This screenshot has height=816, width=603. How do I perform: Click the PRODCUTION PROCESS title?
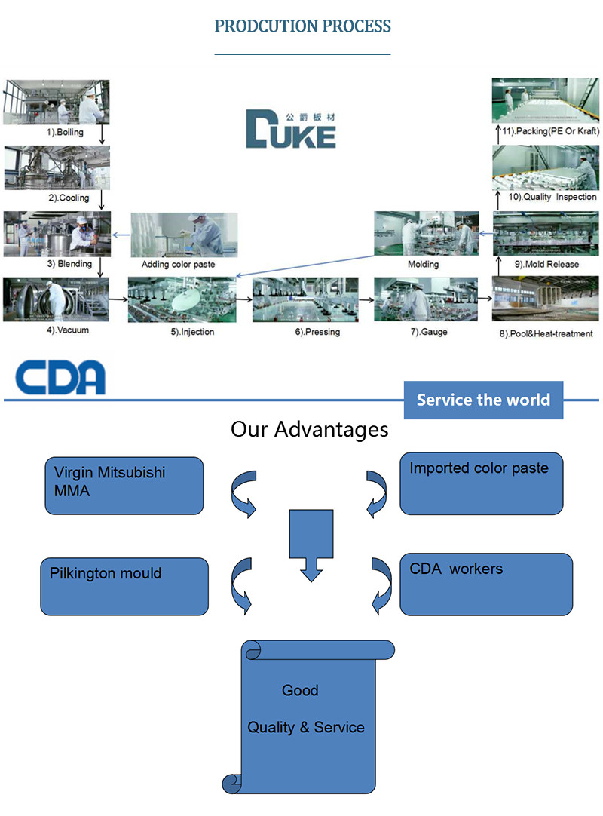coord(302,26)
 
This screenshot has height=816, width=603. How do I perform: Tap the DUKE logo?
coord(290,129)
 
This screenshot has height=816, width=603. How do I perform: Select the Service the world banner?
coord(483,400)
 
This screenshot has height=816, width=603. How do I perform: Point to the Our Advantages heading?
coord(309,430)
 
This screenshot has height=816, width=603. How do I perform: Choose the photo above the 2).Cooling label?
coord(57,167)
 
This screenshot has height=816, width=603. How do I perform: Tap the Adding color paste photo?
coord(183,234)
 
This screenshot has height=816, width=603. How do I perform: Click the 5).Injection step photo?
coord(182,300)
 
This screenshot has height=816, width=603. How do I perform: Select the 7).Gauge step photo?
coord(427,300)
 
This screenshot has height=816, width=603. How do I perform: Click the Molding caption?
coord(423,265)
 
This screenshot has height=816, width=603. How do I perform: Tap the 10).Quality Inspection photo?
coord(545,167)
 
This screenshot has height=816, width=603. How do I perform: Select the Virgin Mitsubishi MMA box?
coord(123,486)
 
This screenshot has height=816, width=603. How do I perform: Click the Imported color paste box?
coord(481,483)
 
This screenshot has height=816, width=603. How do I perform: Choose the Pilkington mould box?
coord(124,586)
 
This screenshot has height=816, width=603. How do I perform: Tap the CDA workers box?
coord(485,583)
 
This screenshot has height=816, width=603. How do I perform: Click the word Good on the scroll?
coord(300,690)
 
